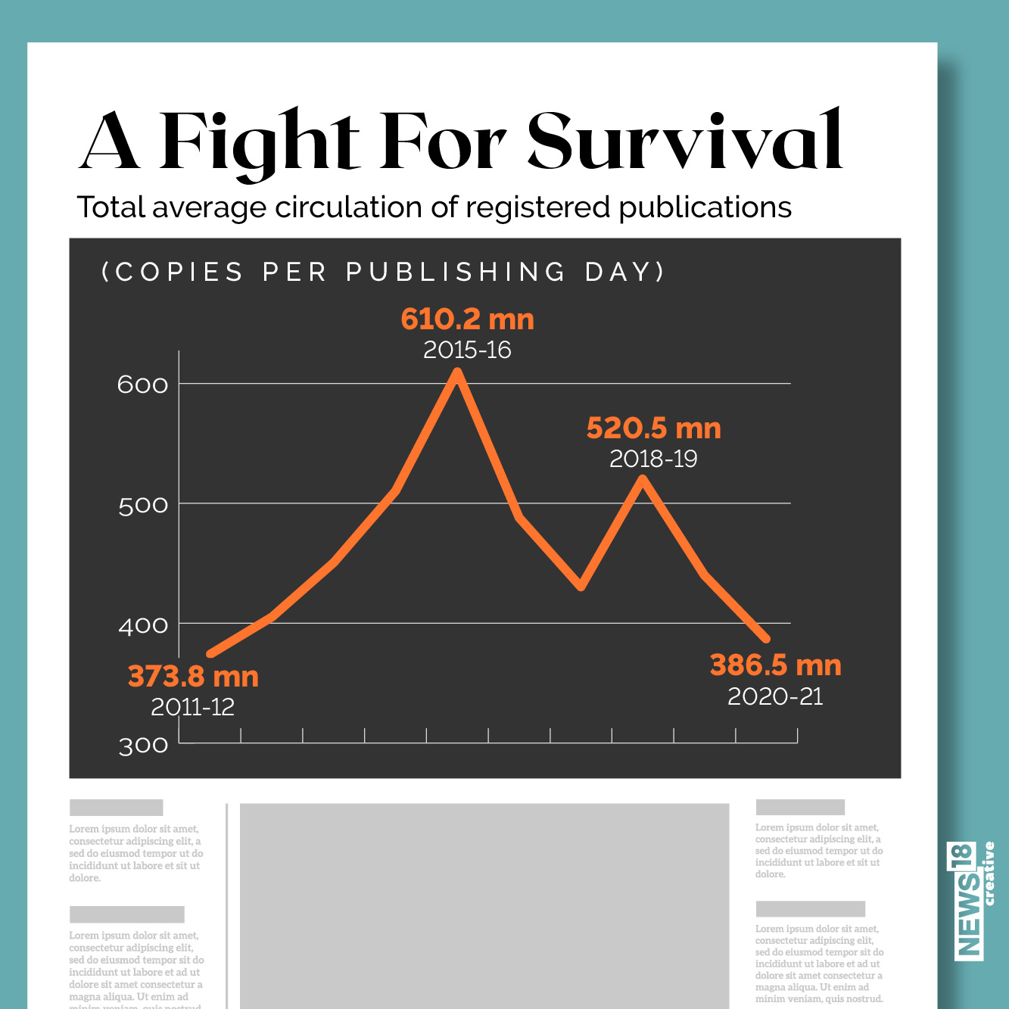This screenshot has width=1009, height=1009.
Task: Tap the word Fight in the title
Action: (x=259, y=142)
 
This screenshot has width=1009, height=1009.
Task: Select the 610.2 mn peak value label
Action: (x=467, y=319)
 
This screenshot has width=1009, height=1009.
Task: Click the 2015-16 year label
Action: (x=467, y=350)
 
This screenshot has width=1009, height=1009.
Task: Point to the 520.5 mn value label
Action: (x=653, y=428)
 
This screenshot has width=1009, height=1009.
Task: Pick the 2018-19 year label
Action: (x=653, y=459)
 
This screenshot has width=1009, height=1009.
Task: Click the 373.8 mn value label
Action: (x=193, y=676)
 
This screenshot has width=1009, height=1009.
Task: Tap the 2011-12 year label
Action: (x=193, y=707)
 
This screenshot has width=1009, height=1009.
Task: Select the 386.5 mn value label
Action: (x=775, y=665)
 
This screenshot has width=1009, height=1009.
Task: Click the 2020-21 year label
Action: (x=775, y=696)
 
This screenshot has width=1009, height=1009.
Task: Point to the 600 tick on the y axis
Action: (x=143, y=385)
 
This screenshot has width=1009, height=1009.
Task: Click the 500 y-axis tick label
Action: (x=143, y=505)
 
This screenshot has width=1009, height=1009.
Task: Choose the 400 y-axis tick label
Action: (x=143, y=625)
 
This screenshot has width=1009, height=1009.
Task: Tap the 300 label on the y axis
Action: (x=143, y=746)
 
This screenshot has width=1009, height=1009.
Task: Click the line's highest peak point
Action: (x=457, y=372)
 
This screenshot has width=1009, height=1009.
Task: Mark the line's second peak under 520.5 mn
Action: (x=643, y=479)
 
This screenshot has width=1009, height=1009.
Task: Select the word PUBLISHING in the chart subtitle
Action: (x=456, y=272)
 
